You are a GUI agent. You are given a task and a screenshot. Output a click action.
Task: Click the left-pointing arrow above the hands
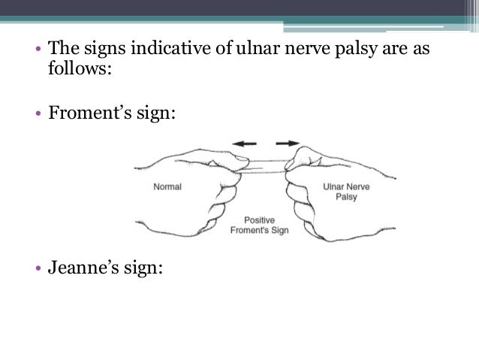pyautogui.click(x=243, y=141)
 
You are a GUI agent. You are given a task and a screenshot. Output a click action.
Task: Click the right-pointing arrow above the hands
pyautogui.click(x=288, y=141)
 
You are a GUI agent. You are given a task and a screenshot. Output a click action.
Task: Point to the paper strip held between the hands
pyautogui.click(x=267, y=165)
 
